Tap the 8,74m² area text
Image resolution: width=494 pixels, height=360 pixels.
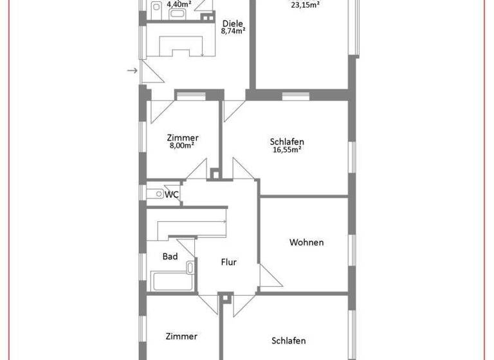(232, 30)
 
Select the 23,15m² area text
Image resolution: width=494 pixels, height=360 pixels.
(305, 4)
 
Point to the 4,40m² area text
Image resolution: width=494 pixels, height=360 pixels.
(179, 4)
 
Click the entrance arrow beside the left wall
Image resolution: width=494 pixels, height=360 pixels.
(133, 70)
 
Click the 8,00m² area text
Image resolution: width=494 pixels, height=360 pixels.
(182, 145)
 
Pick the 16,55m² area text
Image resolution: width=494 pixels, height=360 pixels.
(287, 150)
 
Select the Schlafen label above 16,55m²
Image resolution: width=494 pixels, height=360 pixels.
(287, 141)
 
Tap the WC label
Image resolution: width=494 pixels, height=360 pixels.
(172, 194)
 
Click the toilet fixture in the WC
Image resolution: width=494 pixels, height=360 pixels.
(154, 193)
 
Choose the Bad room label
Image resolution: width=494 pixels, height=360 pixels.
(170, 256)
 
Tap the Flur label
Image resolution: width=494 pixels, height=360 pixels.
(229, 262)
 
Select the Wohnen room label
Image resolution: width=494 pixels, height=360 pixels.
(306, 242)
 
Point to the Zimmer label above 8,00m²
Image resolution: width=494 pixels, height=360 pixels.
(182, 137)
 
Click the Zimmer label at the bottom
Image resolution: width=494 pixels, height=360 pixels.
(181, 336)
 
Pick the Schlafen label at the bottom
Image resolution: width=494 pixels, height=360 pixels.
(288, 341)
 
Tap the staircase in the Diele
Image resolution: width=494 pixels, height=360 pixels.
(183, 44)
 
